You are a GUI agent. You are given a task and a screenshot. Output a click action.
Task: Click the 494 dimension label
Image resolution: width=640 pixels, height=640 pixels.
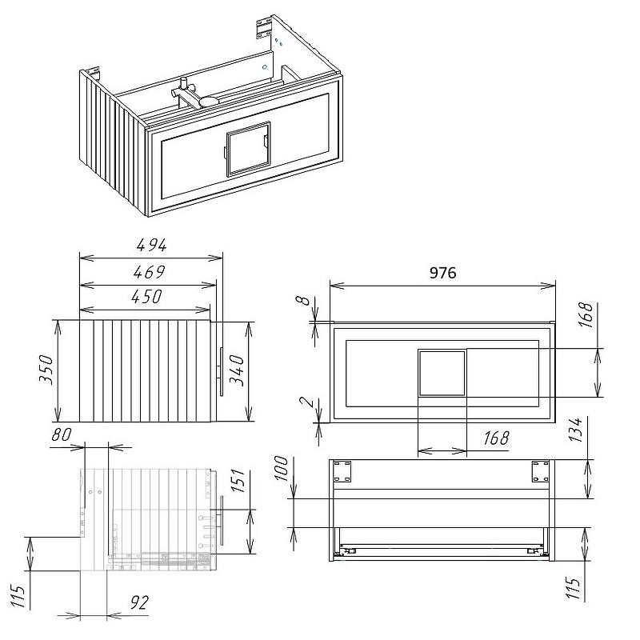coord(151,245)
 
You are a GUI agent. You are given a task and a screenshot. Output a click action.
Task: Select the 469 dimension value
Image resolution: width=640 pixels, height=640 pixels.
coord(149,272)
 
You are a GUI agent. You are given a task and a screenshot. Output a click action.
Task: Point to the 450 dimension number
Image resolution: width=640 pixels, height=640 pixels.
coord(146,296)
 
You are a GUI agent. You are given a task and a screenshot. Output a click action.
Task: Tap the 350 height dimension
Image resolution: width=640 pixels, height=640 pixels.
coord(46,370)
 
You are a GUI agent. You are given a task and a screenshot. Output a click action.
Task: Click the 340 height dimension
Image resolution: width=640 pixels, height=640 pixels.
coord(236,370)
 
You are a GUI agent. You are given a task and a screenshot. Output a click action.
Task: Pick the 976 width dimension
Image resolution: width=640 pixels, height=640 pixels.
coord(443,273)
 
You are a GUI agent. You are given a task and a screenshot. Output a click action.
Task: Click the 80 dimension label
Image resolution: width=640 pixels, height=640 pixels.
coord(62,434)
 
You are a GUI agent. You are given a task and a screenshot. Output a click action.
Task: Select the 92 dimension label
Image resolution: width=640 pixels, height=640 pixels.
coord(139,602)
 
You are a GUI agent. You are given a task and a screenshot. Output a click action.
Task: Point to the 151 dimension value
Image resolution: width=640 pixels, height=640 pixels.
coord(238,481)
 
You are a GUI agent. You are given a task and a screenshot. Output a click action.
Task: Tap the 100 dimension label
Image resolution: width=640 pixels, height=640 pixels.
coord(282,469)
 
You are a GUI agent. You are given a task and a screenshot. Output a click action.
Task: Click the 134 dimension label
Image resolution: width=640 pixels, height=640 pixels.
coord(575,430)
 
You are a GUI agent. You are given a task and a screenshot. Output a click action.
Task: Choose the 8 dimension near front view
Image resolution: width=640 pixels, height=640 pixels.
coord(302,301)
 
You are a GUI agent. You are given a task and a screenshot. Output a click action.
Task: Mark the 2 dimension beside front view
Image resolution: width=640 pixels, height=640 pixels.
coord(306,402)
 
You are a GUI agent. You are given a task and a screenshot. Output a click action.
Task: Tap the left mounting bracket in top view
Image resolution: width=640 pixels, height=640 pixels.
coord(342,471)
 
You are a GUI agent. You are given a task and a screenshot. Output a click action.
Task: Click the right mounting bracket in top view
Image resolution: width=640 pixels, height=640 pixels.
coord(541,471)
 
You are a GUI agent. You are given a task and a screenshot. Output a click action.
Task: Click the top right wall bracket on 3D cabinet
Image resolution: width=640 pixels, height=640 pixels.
coord(264,28)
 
